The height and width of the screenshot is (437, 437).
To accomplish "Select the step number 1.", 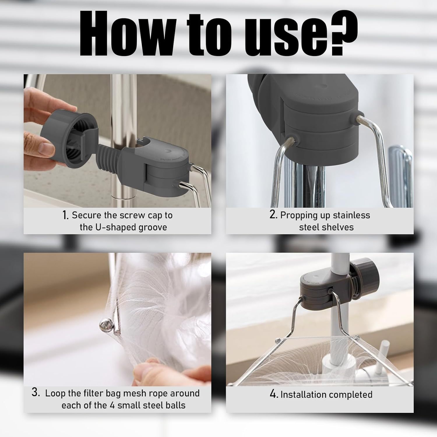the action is pyautogui.click(x=65, y=215).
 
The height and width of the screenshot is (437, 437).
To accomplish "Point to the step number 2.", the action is pyautogui.click(x=273, y=215).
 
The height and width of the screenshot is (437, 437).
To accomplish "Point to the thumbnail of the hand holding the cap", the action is pyautogui.click(x=40, y=144).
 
